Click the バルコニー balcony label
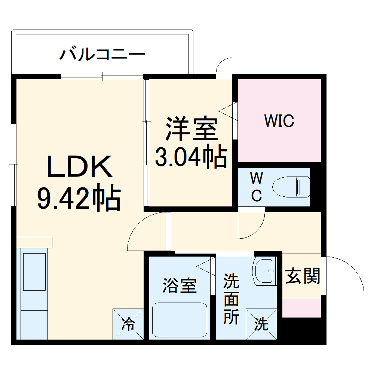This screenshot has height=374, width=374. coord(102,55)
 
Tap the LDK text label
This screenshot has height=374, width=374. coord(79,167)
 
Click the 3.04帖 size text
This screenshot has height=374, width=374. coord(191,157)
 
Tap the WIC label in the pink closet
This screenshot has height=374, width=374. coord(279,121)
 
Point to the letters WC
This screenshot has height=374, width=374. coord(256,187)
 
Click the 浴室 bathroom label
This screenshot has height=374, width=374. coord(179,286)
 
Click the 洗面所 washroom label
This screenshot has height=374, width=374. coord(231,299)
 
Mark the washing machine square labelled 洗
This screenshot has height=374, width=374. coord(261,324)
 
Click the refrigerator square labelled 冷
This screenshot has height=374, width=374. coord(128,324)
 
